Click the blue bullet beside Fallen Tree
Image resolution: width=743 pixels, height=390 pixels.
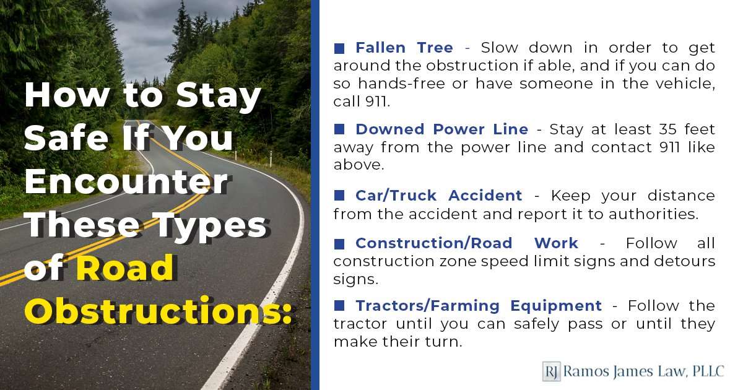coord(339,48)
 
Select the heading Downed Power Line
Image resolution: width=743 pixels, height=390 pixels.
coord(442,129)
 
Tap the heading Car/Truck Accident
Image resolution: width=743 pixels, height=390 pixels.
coord(439,196)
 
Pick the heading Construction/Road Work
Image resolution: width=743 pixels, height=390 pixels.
coord(467,243)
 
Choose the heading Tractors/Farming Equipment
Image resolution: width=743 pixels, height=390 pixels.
coord(479,306)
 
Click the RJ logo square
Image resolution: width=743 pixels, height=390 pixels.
coord(551,371)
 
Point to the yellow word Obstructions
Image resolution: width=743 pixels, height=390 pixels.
coord(157,310)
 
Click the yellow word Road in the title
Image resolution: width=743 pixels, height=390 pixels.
coord(125,267)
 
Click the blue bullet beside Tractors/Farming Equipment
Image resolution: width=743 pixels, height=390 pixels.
coord(339,305)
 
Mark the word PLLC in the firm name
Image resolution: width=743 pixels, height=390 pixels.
coord(708,371)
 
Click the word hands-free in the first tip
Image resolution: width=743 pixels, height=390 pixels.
coord(401,84)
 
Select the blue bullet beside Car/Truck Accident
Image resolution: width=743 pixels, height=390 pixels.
coord(339,196)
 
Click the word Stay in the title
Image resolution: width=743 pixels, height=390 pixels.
coord(218,95)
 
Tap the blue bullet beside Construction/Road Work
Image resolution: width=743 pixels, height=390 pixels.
coord(339,244)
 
